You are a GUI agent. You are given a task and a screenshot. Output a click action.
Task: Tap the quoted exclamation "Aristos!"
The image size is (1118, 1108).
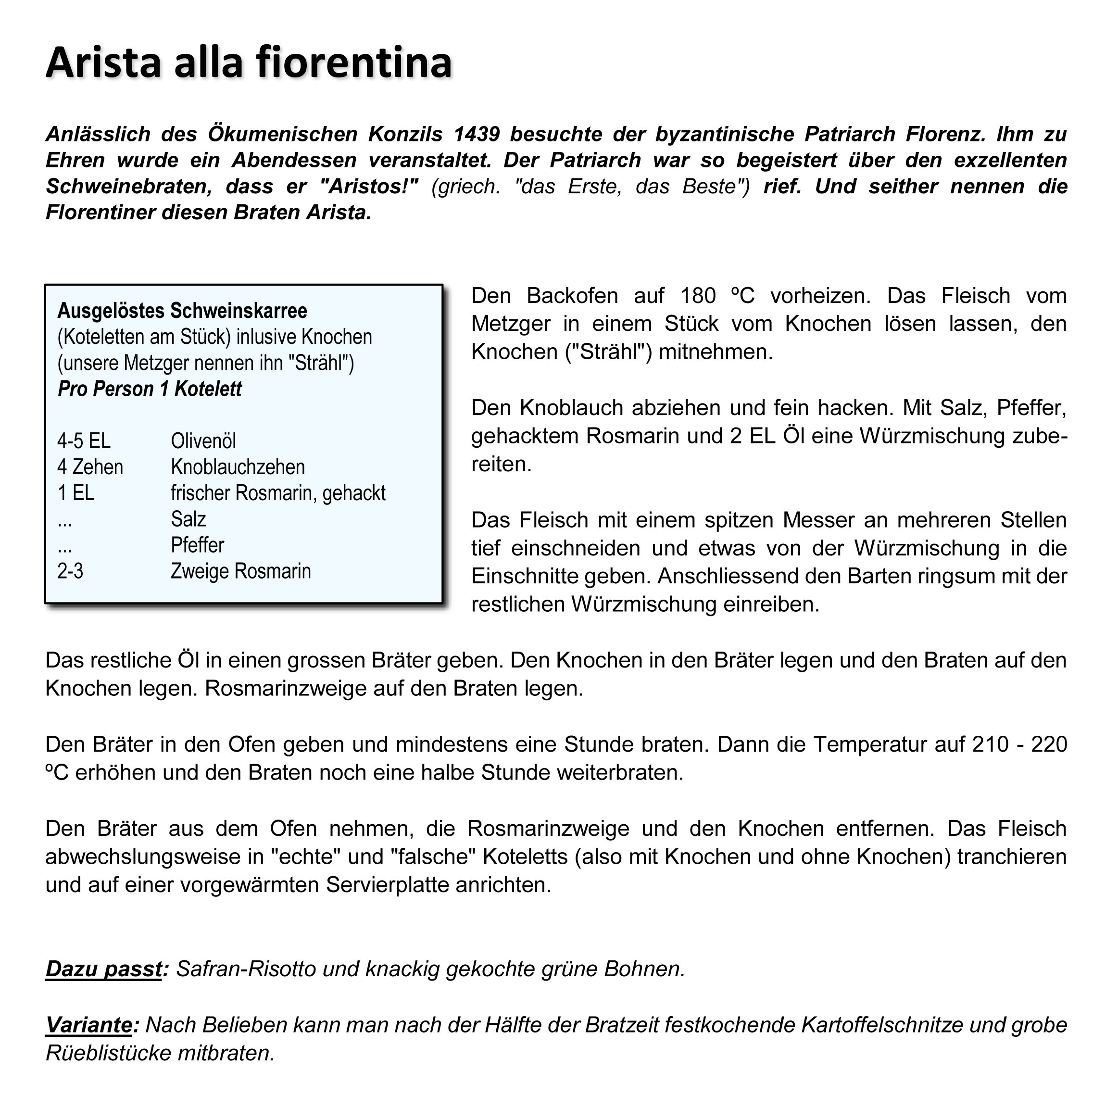369,186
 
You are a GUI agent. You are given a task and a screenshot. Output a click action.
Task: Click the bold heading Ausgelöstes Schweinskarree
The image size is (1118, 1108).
182,311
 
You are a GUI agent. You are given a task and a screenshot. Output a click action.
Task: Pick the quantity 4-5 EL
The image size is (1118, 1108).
84,441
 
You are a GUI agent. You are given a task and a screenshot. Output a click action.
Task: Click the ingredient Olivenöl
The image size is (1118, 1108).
203,441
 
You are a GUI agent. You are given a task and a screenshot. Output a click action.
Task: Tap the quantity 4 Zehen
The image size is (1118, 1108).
90,467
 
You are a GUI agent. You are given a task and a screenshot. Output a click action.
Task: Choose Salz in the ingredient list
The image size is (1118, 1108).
188,519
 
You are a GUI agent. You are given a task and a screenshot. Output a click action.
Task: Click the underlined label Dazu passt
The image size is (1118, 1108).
103,969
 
